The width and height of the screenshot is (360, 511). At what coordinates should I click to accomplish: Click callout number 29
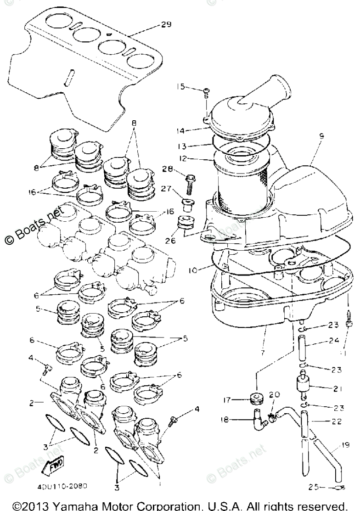tap(166, 24)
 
